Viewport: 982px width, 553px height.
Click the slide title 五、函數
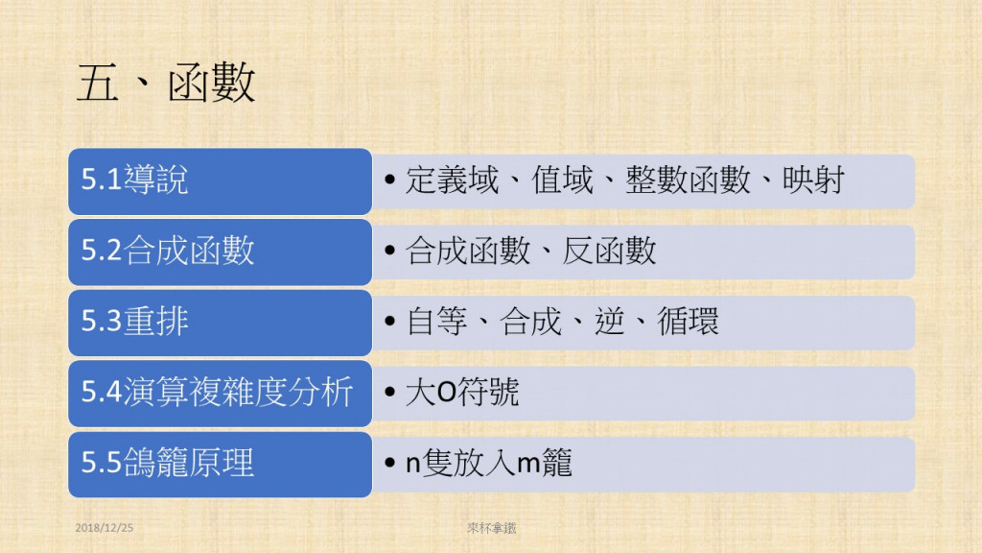pos(166,83)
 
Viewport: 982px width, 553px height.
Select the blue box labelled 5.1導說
pos(220,181)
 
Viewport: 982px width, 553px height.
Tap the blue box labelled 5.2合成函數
pos(220,252)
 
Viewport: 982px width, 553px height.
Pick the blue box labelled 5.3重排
pos(220,323)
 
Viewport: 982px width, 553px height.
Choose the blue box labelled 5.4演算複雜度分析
pos(220,393)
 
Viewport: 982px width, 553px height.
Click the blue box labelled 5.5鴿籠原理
pos(220,465)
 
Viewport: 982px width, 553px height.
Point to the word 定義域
pos(453,180)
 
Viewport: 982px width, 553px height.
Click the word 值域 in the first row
pos(562,180)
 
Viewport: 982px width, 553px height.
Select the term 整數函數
pos(688,180)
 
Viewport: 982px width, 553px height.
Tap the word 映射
pos(813,180)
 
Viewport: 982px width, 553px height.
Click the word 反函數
pos(609,251)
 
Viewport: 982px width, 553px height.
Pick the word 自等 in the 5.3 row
pos(436,322)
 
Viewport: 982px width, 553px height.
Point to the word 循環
pos(688,322)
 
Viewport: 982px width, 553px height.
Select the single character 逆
pos(609,322)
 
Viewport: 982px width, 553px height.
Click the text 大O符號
pos(462,392)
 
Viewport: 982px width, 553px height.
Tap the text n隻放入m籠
pos(489,463)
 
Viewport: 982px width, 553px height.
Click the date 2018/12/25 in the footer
pos(104,528)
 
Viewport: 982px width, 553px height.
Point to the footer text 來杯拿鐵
pos(492,528)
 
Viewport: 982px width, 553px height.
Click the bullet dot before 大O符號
pos(390,393)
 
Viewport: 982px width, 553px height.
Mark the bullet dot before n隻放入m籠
pos(390,464)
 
